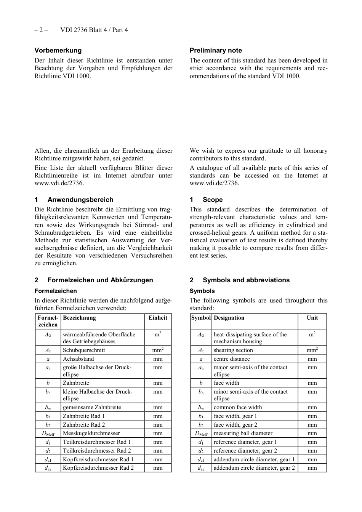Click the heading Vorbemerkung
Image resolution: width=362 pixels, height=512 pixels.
[x=58, y=50]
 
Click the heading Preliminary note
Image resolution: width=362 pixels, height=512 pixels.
[x=216, y=50]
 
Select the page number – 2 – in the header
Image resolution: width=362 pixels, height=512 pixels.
[x=41, y=30]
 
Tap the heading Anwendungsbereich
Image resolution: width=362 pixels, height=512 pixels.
[x=80, y=200]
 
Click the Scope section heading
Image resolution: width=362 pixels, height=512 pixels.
[x=212, y=200]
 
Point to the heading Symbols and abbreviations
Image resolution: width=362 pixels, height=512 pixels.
[x=246, y=280]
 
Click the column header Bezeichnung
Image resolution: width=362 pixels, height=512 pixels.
[x=79, y=318]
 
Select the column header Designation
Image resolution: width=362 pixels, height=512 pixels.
[x=229, y=318]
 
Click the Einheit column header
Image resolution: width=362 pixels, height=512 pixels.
[x=158, y=318]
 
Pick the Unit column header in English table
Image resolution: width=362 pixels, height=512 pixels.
[x=312, y=318]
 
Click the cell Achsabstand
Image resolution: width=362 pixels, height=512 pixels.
[x=78, y=359]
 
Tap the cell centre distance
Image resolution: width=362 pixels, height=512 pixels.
[x=232, y=359]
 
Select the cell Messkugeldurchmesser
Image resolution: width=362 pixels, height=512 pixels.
[x=91, y=433]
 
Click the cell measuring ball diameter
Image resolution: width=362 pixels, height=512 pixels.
[x=243, y=433]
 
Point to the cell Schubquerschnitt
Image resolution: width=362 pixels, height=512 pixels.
[x=84, y=350]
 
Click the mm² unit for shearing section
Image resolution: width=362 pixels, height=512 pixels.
[x=312, y=350]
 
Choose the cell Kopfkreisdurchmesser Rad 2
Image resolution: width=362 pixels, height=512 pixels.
[x=98, y=468]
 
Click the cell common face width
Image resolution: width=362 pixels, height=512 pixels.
[x=238, y=407]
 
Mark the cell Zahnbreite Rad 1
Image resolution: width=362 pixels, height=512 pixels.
[x=84, y=416]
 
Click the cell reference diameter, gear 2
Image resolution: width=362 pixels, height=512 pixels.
[x=245, y=451]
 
